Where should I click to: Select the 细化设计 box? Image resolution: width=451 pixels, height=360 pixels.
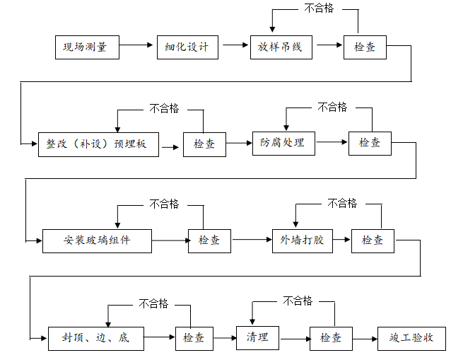pos(187,47)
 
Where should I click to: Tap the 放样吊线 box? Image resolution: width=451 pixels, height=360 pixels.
pos(281,47)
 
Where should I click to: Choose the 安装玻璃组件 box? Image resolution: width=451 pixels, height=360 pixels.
pos(97,240)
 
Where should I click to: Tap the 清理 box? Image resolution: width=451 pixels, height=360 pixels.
pos(257,337)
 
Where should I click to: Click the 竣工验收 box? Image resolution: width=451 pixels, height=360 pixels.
pos(411,337)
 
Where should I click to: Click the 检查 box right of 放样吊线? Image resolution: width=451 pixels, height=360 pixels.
pos(365,47)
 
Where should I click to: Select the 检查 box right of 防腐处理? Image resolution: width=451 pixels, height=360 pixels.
pos(370,142)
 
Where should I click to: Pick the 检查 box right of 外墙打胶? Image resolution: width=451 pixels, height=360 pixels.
pos(373,240)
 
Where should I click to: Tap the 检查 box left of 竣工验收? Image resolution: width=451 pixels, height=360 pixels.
pos(331,337)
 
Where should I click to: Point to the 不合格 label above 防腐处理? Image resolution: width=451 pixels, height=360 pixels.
pos(332,107)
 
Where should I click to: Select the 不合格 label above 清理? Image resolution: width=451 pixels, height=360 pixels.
pos(298,301)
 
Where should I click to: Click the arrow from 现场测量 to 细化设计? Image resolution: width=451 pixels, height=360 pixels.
pos(137,47)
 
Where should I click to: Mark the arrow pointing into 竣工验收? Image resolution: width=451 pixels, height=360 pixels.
pos(365,338)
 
